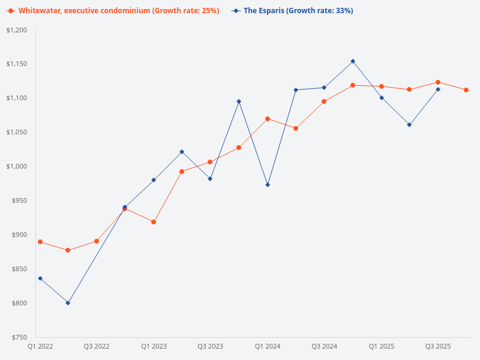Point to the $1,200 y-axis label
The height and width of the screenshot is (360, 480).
point(16,30)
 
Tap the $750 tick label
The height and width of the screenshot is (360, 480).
point(19,337)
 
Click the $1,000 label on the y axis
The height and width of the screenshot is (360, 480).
point(16,166)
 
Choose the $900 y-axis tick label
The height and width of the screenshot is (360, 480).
point(19,235)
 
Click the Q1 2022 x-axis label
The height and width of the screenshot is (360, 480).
point(40,347)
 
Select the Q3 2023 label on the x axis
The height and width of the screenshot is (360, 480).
point(211,347)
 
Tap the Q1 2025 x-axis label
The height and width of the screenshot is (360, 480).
point(382,347)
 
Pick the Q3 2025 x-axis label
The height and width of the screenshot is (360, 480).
point(438,347)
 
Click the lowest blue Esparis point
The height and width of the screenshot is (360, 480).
point(68,303)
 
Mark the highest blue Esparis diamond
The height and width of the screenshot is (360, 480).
point(353,61)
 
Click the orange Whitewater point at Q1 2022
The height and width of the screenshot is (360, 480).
point(40,242)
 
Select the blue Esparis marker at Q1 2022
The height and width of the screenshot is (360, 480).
point(40,278)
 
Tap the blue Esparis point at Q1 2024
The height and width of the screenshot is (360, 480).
point(268,185)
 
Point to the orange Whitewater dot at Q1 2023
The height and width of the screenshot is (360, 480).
point(154,222)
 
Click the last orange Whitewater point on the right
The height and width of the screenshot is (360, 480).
point(466,90)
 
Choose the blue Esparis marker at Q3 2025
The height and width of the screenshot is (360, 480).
point(438,89)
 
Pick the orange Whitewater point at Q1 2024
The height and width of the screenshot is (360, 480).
point(268,119)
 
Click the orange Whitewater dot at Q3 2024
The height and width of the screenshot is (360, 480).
point(324,101)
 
